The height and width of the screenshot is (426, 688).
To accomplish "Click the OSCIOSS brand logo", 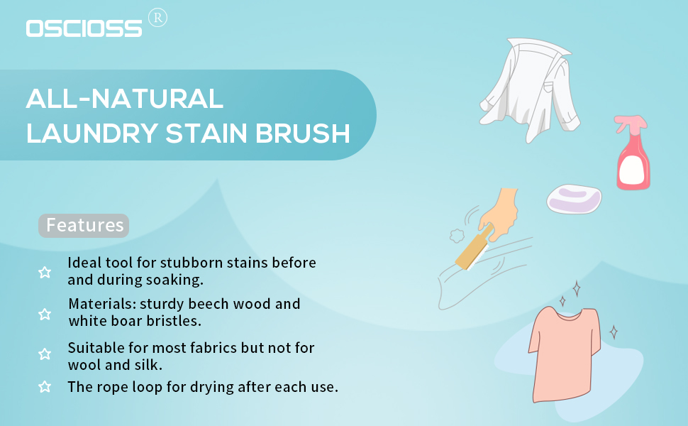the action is (84, 28).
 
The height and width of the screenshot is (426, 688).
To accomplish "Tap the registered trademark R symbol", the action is (157, 18).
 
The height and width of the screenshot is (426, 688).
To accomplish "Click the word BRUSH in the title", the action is (302, 133).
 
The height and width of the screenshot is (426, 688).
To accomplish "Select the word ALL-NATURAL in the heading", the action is (125, 99).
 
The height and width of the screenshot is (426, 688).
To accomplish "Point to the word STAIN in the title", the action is (206, 133).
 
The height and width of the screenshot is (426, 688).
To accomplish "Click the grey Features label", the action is (84, 225).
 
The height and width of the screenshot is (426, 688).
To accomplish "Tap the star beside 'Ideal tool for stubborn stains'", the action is (44, 273).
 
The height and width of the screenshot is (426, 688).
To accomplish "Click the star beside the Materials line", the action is (44, 314).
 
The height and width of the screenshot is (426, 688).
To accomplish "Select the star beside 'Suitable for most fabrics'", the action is (44, 354).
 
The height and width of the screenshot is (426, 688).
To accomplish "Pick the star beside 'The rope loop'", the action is (44, 386).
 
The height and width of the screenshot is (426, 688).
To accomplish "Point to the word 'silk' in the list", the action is (148, 364).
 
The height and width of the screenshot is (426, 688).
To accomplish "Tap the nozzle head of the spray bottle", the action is (631, 123).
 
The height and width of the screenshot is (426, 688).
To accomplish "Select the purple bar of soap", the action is (574, 199).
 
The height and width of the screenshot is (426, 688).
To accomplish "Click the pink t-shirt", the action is (565, 354).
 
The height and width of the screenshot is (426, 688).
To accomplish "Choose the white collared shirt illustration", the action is (530, 89).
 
